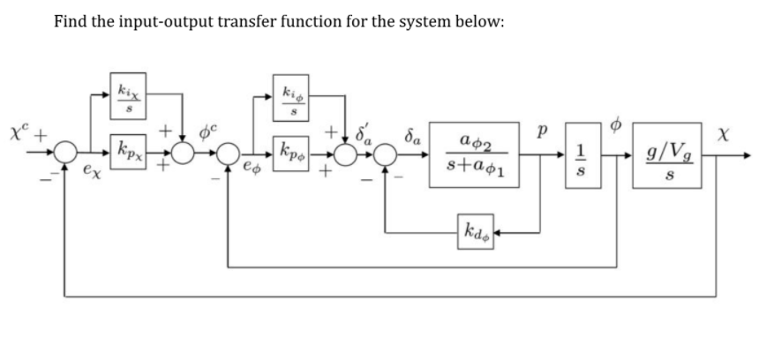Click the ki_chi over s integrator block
click(127, 91)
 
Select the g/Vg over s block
click(668, 154)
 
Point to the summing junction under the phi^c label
click(183, 154)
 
